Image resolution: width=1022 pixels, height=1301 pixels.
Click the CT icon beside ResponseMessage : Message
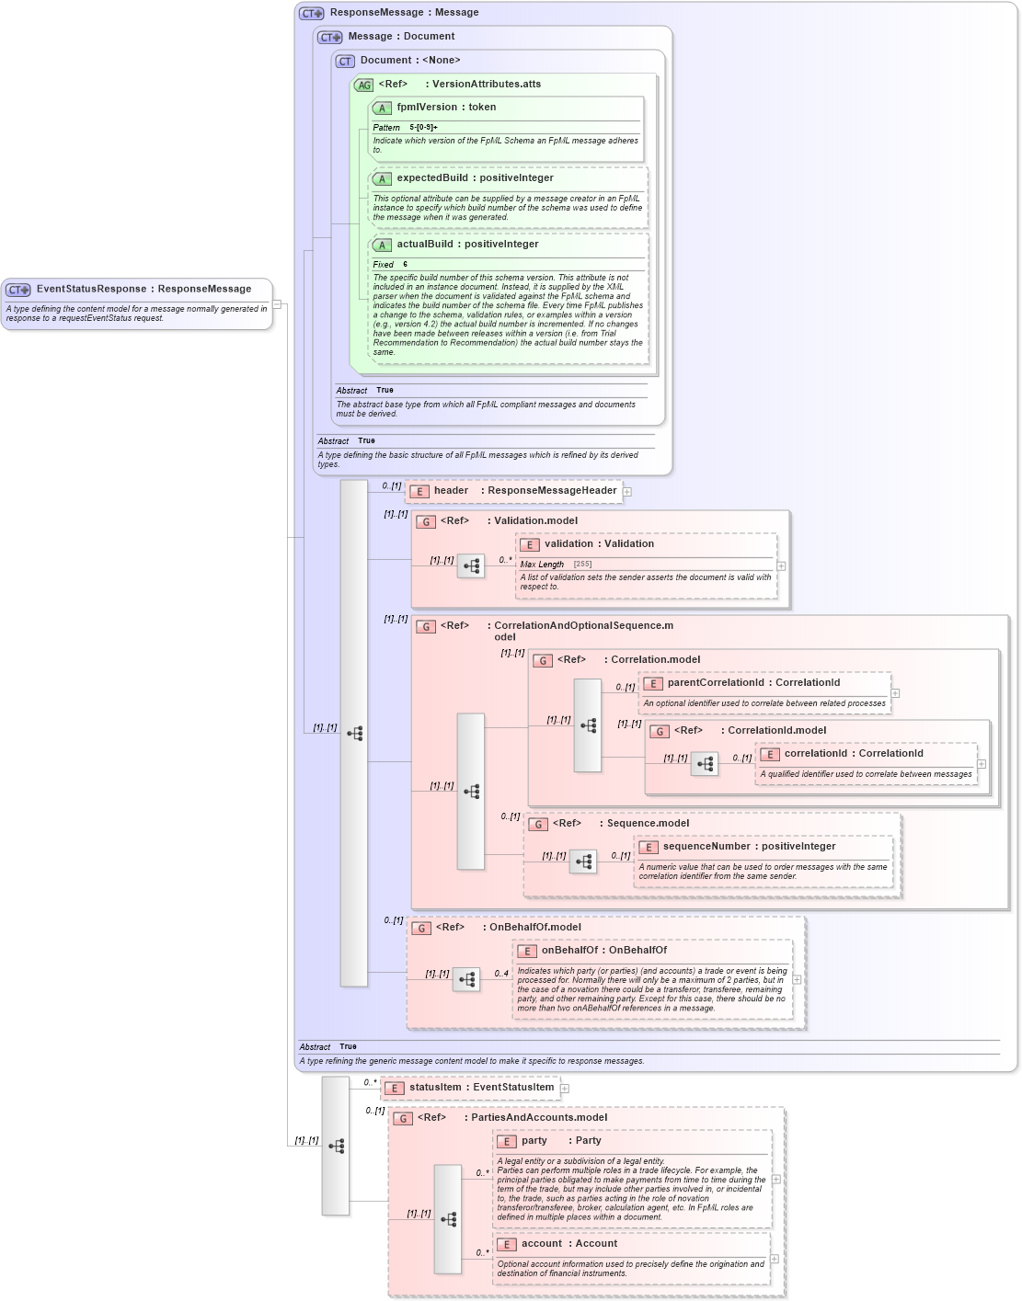click(x=311, y=13)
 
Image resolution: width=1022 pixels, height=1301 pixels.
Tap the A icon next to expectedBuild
click(x=382, y=178)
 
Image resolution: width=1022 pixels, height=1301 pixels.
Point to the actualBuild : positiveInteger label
click(x=467, y=245)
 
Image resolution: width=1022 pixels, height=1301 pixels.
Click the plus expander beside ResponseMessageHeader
click(x=627, y=492)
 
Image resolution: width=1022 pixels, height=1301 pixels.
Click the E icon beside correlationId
click(x=769, y=754)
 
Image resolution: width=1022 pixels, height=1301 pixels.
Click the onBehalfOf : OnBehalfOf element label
click(x=603, y=951)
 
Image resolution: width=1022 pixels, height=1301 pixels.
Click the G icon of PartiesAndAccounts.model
click(x=403, y=1118)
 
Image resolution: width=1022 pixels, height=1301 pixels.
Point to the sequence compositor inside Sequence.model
click(x=583, y=862)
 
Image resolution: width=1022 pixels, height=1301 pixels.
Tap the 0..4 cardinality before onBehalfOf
click(x=501, y=973)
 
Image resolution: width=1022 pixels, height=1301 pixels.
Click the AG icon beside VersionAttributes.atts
click(x=364, y=85)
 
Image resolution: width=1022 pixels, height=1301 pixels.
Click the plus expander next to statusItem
click(x=565, y=1089)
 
